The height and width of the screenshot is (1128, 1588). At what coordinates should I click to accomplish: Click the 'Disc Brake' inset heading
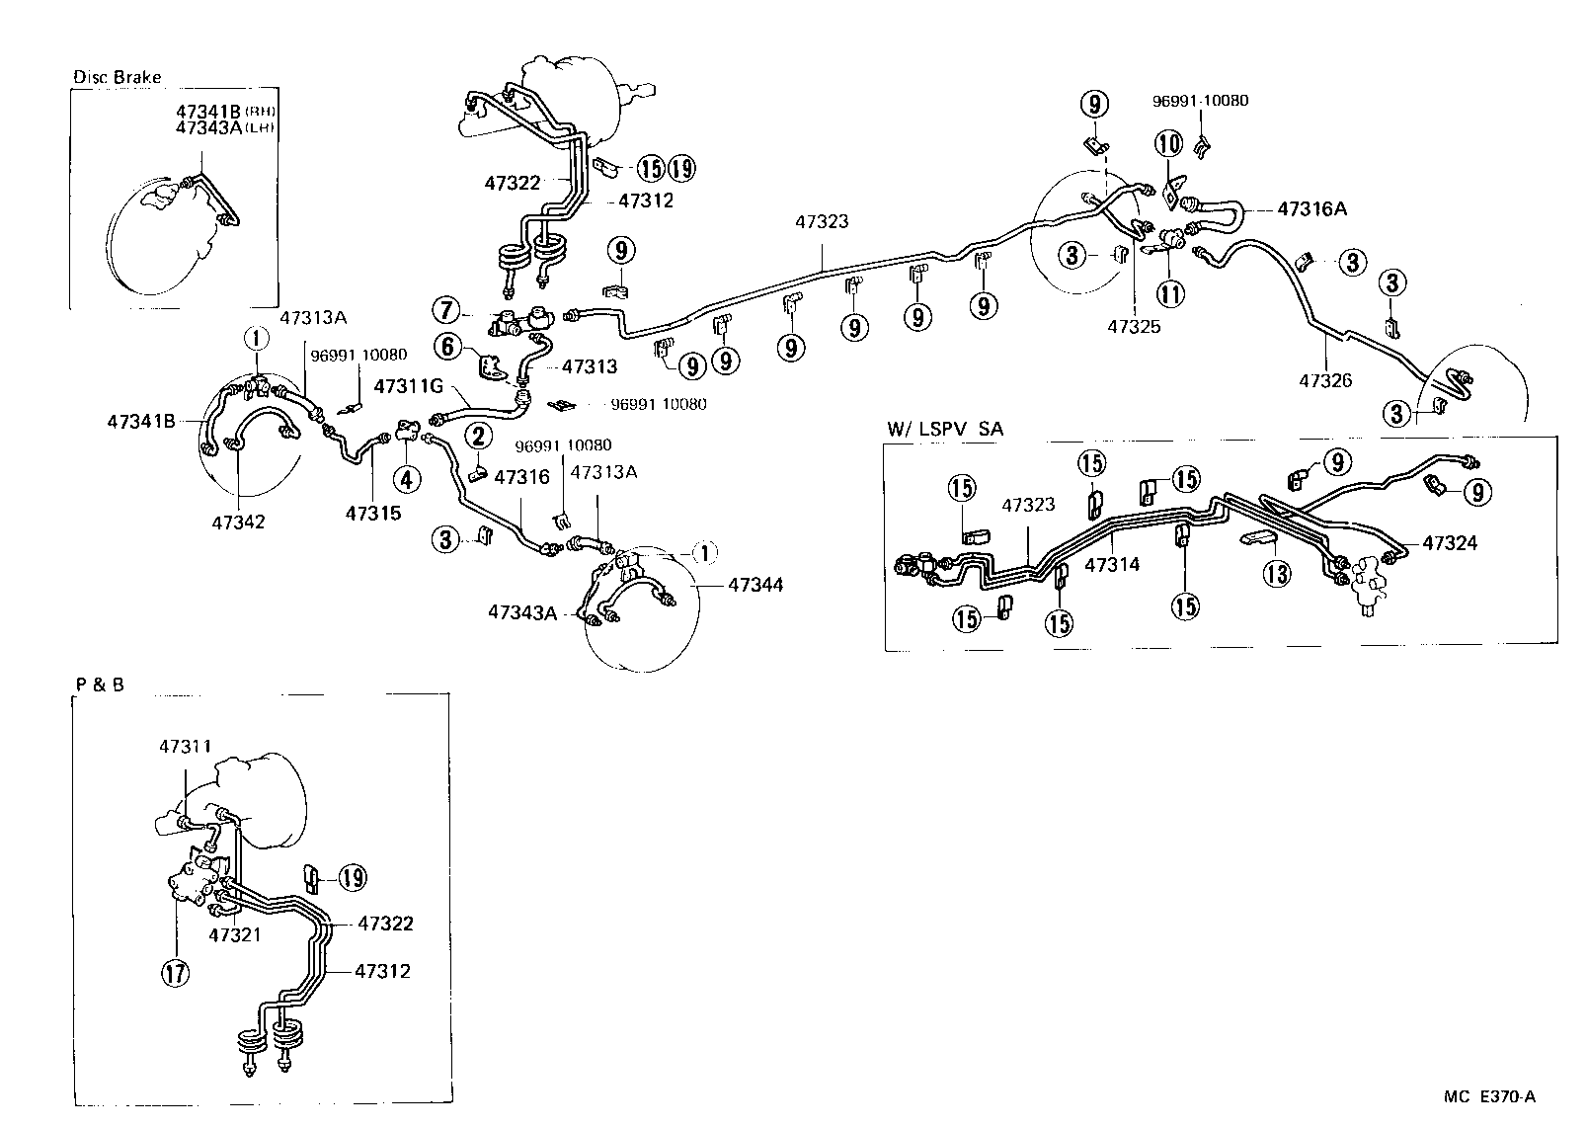118,77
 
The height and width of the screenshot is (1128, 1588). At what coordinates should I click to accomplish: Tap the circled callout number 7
446,312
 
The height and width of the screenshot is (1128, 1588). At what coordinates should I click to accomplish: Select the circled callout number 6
447,346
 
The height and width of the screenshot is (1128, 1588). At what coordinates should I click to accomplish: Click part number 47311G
407,387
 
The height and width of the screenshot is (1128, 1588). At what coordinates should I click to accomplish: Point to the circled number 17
175,973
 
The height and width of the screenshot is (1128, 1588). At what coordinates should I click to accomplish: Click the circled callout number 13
1278,574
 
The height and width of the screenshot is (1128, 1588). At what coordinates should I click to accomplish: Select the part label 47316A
1311,208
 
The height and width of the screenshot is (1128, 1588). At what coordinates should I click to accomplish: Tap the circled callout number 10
1169,144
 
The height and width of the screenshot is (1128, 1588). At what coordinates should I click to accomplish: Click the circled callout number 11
1170,292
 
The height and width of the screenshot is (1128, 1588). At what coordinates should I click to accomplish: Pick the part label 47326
1325,380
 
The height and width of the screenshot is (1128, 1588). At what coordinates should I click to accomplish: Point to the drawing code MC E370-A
1489,1096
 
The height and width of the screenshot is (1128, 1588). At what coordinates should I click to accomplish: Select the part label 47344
755,585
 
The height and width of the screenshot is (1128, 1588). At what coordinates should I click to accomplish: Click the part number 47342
238,521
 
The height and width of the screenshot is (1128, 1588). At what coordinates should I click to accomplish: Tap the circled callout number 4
407,480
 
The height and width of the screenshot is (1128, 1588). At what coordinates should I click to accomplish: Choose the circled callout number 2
478,436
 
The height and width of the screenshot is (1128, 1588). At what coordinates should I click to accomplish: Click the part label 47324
1450,543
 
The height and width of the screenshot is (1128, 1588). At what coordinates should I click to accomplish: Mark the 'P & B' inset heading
99,684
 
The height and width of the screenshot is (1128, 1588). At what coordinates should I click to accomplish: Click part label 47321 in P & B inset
235,932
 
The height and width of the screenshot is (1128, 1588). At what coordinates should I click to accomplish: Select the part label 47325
1134,325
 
